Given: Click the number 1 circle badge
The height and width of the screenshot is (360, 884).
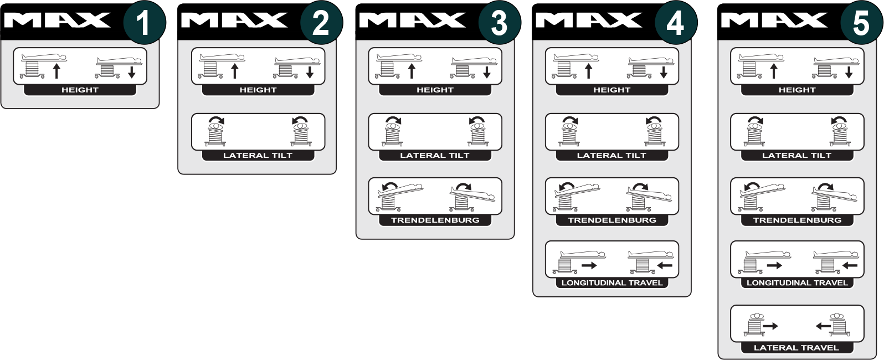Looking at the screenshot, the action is [x=145, y=23].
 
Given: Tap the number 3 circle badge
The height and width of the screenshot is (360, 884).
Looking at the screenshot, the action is [x=500, y=23].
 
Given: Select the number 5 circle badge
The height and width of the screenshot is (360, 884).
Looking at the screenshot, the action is [x=861, y=23].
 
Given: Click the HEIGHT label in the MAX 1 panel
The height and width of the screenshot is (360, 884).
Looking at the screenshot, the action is [x=80, y=90].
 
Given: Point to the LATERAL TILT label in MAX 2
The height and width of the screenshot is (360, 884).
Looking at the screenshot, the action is [x=258, y=156].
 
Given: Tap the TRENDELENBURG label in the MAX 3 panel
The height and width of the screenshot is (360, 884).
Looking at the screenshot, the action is [x=435, y=220].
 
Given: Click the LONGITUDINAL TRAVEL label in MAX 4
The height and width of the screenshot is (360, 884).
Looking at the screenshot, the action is [x=611, y=283].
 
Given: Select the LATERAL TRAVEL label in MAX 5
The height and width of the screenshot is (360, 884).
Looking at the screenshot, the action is [x=796, y=348].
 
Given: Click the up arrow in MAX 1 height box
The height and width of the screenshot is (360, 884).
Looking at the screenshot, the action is [x=57, y=71].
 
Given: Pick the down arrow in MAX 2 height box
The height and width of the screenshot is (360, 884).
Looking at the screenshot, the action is [x=310, y=72].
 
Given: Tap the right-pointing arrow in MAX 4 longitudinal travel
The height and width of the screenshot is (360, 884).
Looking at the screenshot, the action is [x=589, y=266].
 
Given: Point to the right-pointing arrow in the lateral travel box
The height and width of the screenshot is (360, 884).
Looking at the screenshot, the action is [x=770, y=326].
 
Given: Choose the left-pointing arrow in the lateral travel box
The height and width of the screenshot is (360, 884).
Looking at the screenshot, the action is [x=823, y=326].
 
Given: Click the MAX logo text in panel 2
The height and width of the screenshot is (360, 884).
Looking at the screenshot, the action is [x=234, y=20].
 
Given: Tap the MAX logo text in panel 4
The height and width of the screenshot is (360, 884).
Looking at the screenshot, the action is [x=589, y=20].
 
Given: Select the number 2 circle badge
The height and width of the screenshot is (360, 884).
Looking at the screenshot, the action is [x=321, y=23].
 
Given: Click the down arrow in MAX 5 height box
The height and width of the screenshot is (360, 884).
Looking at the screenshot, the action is [x=849, y=72].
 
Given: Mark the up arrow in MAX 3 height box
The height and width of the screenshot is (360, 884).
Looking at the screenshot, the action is [x=412, y=71].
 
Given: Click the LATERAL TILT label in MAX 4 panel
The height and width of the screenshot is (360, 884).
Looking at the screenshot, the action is [x=611, y=156].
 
